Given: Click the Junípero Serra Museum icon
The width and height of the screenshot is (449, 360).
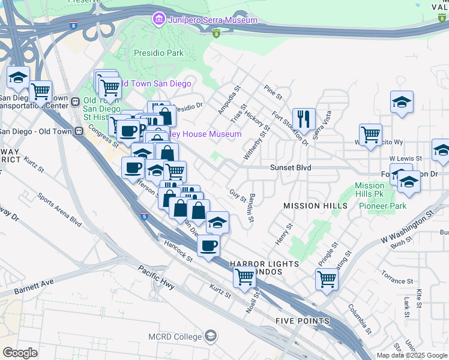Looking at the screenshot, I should pos(159,20).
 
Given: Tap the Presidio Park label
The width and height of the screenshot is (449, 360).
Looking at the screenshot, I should pos(158,53).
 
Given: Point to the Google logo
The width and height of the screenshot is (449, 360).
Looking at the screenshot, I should pos(20,352).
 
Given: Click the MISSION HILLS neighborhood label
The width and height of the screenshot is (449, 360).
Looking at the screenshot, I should pos(316,206).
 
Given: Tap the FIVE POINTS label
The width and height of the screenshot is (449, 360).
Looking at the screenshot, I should pos(303,321).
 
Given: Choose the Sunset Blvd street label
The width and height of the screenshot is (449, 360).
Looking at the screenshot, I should pos(290,168).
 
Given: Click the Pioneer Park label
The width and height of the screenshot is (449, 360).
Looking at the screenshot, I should pos(382,206).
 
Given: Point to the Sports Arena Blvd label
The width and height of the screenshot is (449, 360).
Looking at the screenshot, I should pos(59,209).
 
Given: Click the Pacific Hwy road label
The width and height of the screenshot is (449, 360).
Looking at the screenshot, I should pos(156,277).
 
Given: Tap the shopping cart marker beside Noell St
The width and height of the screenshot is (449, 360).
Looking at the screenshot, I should pos(244,277).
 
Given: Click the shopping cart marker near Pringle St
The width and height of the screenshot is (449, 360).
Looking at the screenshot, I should pos(327,278).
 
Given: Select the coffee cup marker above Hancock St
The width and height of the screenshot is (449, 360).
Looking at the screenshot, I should pos(208,245).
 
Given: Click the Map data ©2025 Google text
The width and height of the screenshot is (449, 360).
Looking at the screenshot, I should pos(412,355).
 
